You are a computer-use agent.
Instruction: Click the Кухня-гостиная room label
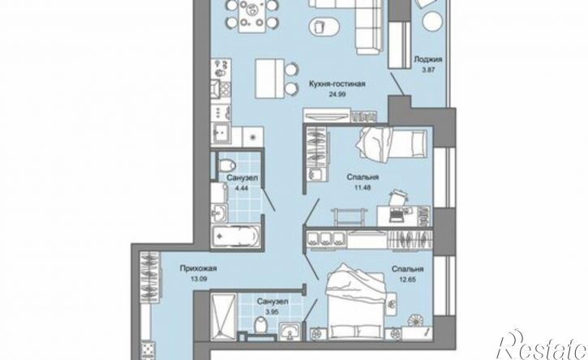337,84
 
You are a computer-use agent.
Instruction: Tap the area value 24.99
337,95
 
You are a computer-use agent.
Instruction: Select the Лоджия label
428,59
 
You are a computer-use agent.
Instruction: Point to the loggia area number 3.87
428,70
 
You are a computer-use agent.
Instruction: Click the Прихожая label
199,268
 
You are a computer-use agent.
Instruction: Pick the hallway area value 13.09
199,279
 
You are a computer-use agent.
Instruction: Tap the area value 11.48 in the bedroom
363,187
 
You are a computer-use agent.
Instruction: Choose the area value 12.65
408,280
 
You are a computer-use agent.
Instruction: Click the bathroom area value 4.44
242,188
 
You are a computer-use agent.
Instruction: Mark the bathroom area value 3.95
273,311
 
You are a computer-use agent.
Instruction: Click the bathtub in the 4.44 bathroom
235,236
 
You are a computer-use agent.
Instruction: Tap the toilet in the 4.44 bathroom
227,165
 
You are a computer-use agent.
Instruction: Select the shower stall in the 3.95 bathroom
223,317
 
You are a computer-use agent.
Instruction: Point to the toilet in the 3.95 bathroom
260,325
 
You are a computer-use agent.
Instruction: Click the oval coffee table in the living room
325,27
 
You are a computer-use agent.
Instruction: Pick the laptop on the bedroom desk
396,215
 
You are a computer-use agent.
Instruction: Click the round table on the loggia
434,22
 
